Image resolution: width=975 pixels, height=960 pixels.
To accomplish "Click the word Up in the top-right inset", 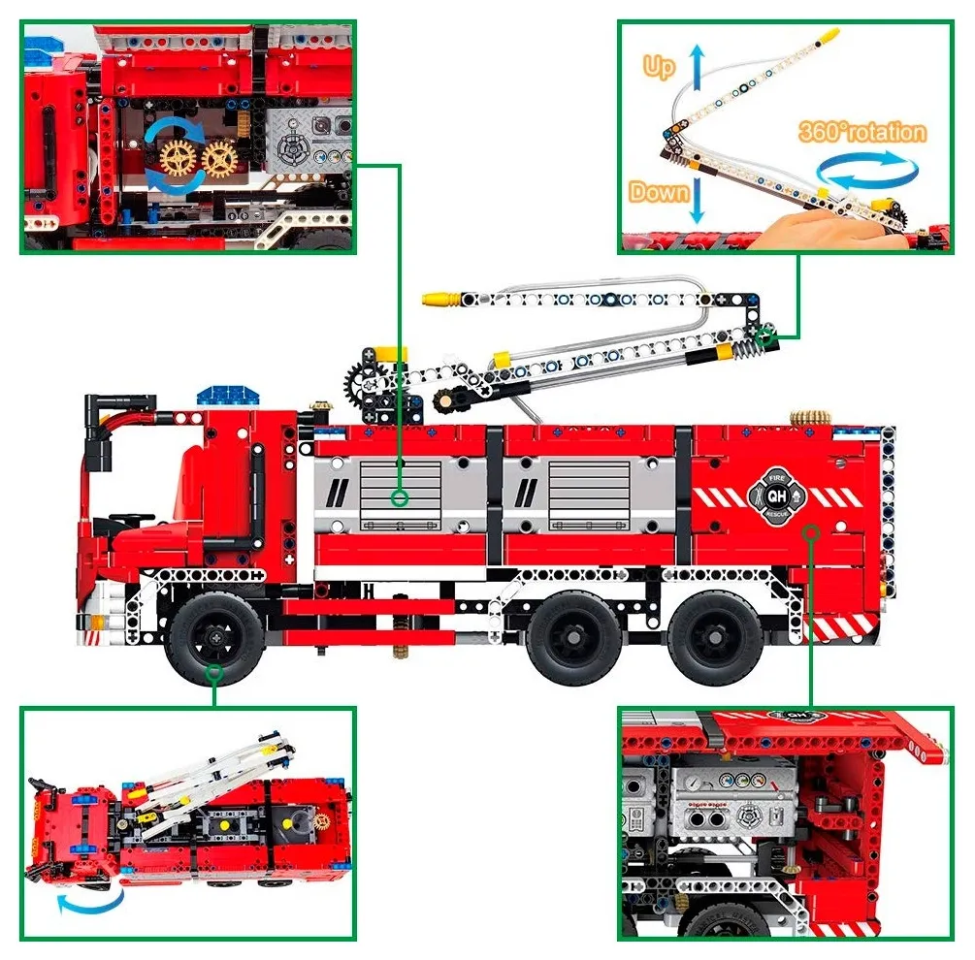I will (x=659, y=67).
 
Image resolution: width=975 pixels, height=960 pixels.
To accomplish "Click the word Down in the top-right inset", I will (x=658, y=191).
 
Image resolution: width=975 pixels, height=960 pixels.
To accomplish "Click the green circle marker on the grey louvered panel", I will (x=398, y=498).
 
